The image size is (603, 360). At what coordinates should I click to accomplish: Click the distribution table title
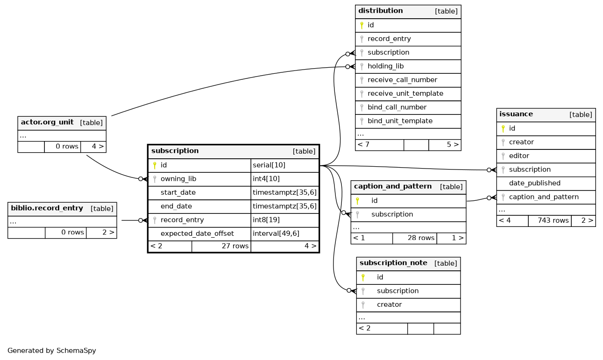380,11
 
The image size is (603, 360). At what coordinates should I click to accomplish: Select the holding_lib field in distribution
385,66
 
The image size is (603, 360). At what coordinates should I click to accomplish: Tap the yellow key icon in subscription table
155,165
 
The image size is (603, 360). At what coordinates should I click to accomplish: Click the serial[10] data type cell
269,165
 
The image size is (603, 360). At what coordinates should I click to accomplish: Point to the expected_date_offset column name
197,233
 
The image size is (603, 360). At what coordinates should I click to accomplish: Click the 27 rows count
235,246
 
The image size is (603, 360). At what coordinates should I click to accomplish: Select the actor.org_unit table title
47,122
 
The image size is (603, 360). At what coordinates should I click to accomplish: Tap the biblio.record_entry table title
47,208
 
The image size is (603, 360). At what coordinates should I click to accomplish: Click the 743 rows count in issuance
553,220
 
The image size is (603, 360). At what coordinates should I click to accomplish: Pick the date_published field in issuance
535,183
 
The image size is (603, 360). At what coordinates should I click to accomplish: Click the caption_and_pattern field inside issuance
544,197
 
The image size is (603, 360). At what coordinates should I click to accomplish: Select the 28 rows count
421,238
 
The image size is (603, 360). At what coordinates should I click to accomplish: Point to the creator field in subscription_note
389,304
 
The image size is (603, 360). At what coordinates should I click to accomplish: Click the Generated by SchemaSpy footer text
52,351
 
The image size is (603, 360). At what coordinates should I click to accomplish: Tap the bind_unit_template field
400,121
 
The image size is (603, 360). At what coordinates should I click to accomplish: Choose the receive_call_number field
403,80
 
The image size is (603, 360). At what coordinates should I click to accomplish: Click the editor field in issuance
519,156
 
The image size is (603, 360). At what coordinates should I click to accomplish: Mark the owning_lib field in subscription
178,179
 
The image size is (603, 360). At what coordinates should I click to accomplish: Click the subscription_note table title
393,263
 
